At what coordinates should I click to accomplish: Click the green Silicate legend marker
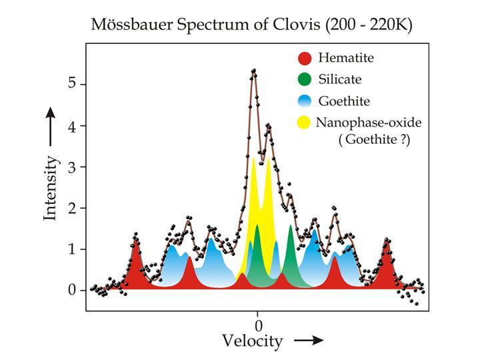pyautogui.click(x=305, y=80)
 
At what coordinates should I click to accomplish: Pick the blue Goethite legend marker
pyautogui.click(x=305, y=101)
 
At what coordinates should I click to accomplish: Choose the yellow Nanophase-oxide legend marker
pyautogui.click(x=305, y=123)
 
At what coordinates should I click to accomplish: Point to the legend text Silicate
pyautogui.click(x=339, y=79)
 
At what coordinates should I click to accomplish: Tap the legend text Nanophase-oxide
pyautogui.click(x=369, y=123)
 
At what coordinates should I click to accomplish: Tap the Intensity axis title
pyautogui.click(x=51, y=188)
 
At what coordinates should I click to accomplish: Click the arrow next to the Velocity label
pyautogui.click(x=309, y=340)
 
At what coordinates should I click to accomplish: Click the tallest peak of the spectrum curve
pyautogui.click(x=253, y=70)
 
